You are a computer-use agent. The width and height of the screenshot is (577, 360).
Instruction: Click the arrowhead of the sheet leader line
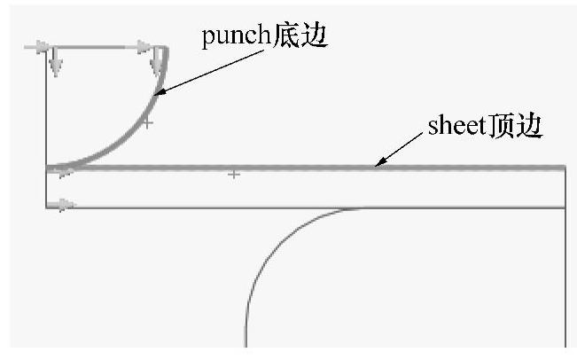(378, 163)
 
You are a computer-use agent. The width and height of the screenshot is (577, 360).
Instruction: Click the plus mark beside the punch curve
(148, 122)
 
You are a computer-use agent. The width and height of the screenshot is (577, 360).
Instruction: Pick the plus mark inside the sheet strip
(233, 175)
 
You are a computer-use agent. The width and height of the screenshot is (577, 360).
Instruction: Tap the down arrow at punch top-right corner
(158, 60)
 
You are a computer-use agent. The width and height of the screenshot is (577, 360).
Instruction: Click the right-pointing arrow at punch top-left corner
(37, 45)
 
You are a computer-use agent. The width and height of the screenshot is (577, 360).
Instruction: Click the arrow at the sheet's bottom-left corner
(65, 206)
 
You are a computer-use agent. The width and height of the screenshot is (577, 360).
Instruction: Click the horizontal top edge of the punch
(97, 46)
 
